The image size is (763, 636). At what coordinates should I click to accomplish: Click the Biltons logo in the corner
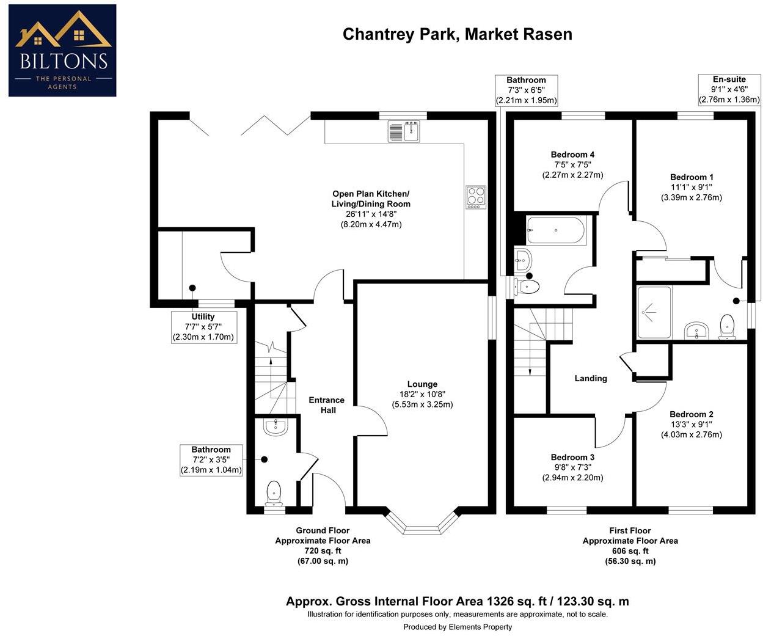click(x=62, y=51)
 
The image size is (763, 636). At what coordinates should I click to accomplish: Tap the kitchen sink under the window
click(x=404, y=131)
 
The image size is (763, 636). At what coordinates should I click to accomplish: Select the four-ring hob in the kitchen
click(x=475, y=197)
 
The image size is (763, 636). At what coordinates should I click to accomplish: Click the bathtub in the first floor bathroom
click(x=555, y=231)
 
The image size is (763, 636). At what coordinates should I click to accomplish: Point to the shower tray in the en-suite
click(x=654, y=312)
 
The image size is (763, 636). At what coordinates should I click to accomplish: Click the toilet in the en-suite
click(x=727, y=327)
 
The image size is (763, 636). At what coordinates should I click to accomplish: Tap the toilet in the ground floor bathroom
click(x=274, y=491)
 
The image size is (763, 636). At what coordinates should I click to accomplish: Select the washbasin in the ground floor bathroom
click(x=276, y=426)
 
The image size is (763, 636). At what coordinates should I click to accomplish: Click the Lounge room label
click(x=422, y=384)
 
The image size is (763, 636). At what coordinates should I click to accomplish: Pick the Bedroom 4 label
click(x=572, y=155)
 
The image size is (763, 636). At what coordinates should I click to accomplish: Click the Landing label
click(x=591, y=378)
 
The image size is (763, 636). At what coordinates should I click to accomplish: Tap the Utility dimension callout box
click(x=203, y=327)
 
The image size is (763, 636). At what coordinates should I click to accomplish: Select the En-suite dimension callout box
click(x=729, y=90)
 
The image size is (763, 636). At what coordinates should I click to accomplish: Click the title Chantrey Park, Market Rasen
click(x=457, y=34)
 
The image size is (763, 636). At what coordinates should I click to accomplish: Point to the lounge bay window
click(x=422, y=524)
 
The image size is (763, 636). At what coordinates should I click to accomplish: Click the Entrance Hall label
click(x=326, y=405)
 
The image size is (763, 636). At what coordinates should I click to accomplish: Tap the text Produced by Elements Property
click(x=458, y=627)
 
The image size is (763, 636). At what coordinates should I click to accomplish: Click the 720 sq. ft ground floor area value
click(x=323, y=550)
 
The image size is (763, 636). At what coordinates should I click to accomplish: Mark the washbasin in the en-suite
click(x=696, y=331)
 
